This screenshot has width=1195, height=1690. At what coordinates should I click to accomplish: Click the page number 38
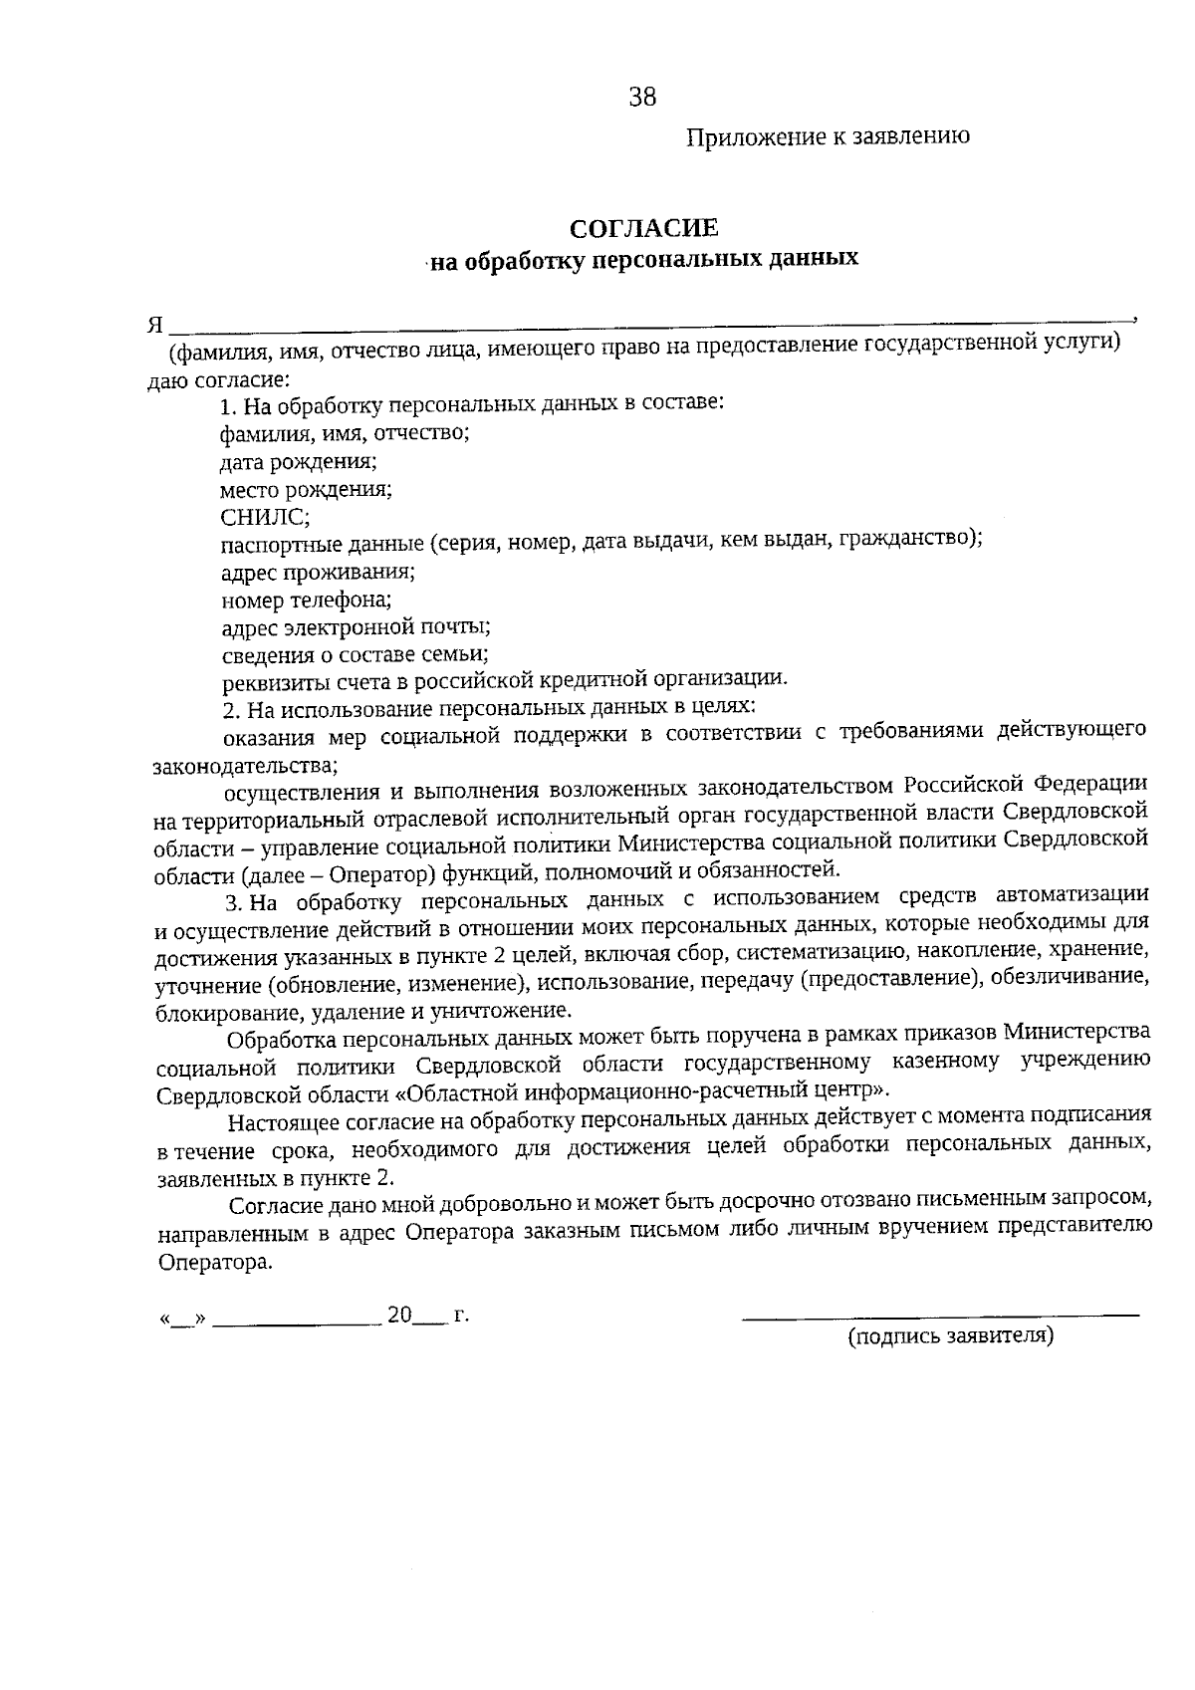[642, 97]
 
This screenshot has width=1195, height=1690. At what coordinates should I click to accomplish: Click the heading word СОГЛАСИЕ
[644, 228]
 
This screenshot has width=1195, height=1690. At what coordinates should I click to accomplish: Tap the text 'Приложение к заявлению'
[828, 137]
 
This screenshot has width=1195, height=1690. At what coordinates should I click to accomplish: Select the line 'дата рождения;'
[298, 462]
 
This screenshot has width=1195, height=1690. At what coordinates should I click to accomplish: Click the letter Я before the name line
[155, 326]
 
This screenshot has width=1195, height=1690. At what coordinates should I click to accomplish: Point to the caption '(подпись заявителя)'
[950, 1335]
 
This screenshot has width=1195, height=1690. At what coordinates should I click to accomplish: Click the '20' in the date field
[399, 1315]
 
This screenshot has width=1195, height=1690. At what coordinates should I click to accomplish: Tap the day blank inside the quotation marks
[182, 1320]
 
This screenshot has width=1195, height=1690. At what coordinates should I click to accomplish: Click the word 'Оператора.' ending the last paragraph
[215, 1262]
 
